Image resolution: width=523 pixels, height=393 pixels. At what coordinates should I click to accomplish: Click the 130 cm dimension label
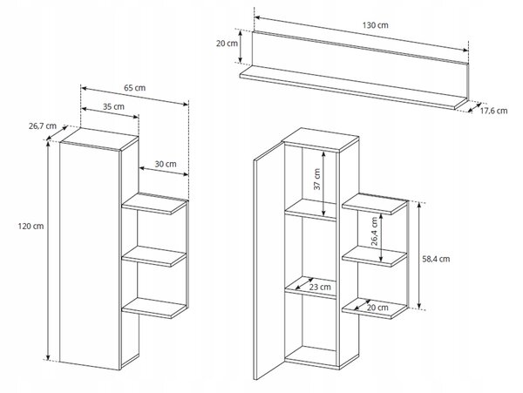pos(375,25)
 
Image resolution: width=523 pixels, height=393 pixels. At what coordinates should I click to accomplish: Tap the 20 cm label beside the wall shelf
pos(227,44)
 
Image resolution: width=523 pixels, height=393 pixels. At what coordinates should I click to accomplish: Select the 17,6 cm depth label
pos(493,111)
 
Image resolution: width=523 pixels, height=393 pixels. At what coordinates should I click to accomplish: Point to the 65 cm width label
pos(135,88)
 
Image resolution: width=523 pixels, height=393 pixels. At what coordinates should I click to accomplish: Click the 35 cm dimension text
pos(113,106)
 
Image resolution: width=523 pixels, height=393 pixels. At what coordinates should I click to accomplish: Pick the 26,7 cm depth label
pos(43,126)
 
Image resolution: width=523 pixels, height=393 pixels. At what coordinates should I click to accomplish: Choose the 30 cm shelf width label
pos(166,164)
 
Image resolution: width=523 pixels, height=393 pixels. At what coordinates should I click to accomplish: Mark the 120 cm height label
pos(31,226)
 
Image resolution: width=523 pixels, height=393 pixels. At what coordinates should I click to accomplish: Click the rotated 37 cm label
pos(317,179)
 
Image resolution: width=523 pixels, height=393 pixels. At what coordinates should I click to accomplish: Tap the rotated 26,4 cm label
pos(374,231)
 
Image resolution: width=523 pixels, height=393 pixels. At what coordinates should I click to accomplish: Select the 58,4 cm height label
pos(436,259)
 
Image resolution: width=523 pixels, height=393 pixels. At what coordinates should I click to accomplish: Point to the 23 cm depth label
pos(320,287)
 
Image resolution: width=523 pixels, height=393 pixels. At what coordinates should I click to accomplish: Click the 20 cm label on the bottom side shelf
pos(377,308)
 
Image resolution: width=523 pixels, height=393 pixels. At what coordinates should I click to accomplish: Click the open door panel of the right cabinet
pos(268,261)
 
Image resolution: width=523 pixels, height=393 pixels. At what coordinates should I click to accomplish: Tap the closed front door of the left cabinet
pos(90,255)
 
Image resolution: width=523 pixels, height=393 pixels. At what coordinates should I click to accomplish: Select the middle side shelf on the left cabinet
pos(154,256)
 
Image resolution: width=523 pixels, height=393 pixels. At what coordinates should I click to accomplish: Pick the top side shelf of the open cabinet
pos(375,204)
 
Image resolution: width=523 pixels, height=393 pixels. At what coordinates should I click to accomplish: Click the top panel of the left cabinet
pos(99,139)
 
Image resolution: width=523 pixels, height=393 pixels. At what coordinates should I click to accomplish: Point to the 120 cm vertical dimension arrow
pos(48,251)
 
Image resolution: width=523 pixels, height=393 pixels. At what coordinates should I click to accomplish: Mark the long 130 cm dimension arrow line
pos(362,34)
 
